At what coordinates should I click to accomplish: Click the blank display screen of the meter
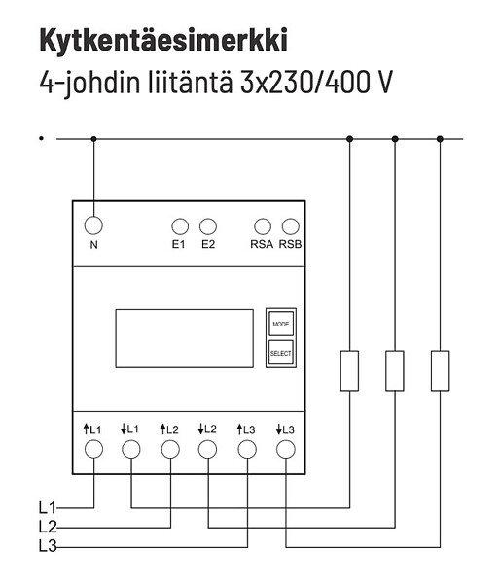[184, 338]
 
